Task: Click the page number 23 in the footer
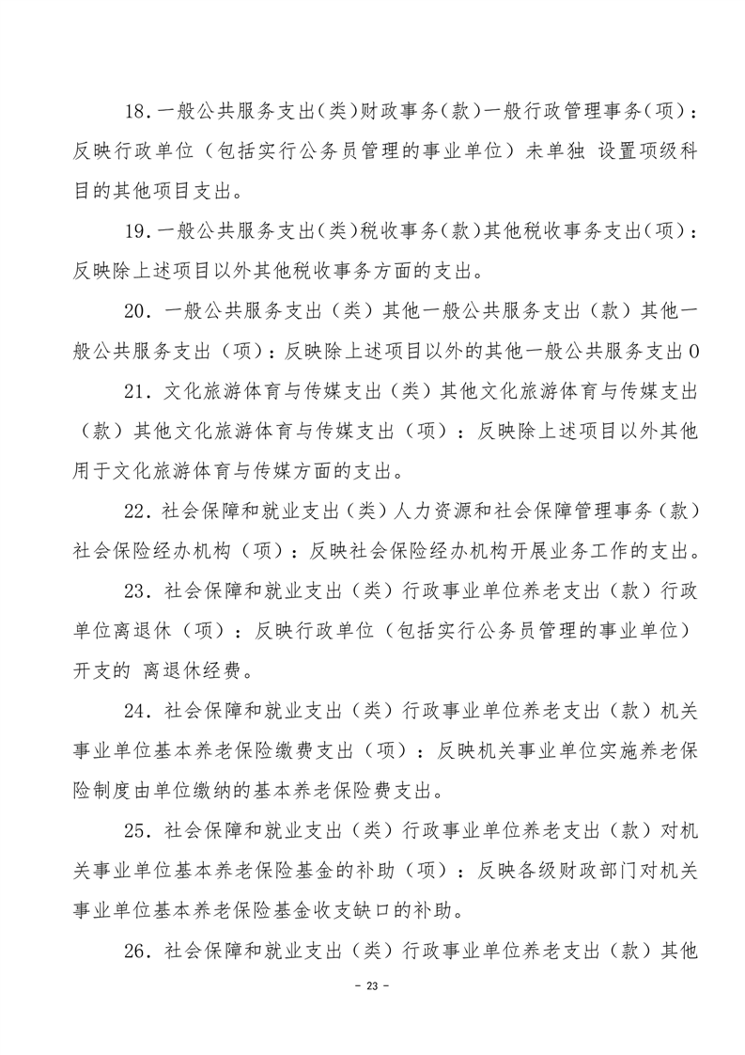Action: (x=372, y=1013)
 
